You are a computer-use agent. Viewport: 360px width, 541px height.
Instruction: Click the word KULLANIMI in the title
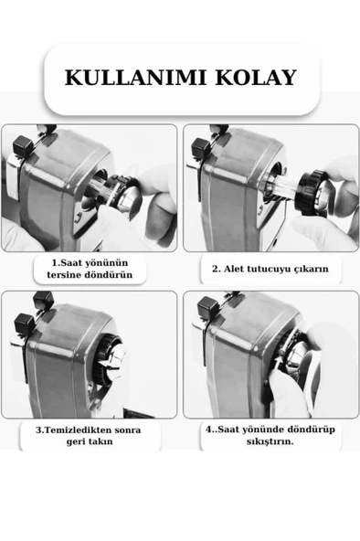(x=135, y=78)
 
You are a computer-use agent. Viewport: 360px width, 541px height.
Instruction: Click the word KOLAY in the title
(x=256, y=78)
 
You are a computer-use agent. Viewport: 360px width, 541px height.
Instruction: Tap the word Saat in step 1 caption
(x=71, y=263)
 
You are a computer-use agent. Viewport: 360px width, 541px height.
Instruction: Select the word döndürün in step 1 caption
(x=111, y=275)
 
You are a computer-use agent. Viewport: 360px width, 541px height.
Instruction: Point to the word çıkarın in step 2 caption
(x=312, y=269)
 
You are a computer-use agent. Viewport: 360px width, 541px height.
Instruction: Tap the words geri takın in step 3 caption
(x=90, y=442)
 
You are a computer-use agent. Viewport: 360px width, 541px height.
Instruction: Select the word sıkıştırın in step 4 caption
(x=270, y=441)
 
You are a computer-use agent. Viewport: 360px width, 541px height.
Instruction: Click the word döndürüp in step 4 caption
(x=313, y=430)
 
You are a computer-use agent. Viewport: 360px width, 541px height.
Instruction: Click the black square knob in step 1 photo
(x=23, y=145)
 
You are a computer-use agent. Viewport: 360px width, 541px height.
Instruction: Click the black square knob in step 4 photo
(x=208, y=307)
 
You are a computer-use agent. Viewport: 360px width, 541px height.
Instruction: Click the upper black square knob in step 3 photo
(x=44, y=300)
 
